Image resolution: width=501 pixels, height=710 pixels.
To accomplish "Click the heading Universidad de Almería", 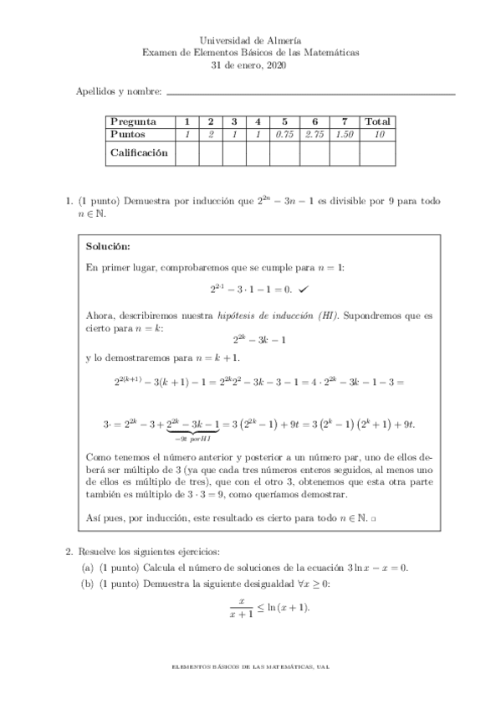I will pyautogui.click(x=251, y=39).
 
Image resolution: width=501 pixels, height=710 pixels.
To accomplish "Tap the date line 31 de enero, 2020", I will pyautogui.click(x=251, y=64).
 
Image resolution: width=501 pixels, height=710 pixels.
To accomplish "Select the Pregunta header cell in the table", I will pyautogui.click(x=133, y=121).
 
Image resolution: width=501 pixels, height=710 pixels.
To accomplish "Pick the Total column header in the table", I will pyautogui.click(x=379, y=121).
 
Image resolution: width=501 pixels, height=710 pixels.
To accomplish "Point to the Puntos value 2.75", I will pyautogui.click(x=314, y=134).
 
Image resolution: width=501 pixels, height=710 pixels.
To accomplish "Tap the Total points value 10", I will pyautogui.click(x=379, y=134).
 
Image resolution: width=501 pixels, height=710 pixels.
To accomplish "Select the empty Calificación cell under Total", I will pyautogui.click(x=379, y=153).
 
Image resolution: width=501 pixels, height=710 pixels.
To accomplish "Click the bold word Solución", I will pyautogui.click(x=109, y=247).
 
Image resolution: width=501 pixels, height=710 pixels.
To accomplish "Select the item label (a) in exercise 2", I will pyautogui.click(x=87, y=568).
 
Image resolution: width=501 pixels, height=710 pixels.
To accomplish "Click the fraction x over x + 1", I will pyautogui.click(x=240, y=607).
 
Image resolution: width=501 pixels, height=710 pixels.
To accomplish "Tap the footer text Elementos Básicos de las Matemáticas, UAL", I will pyautogui.click(x=251, y=666).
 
